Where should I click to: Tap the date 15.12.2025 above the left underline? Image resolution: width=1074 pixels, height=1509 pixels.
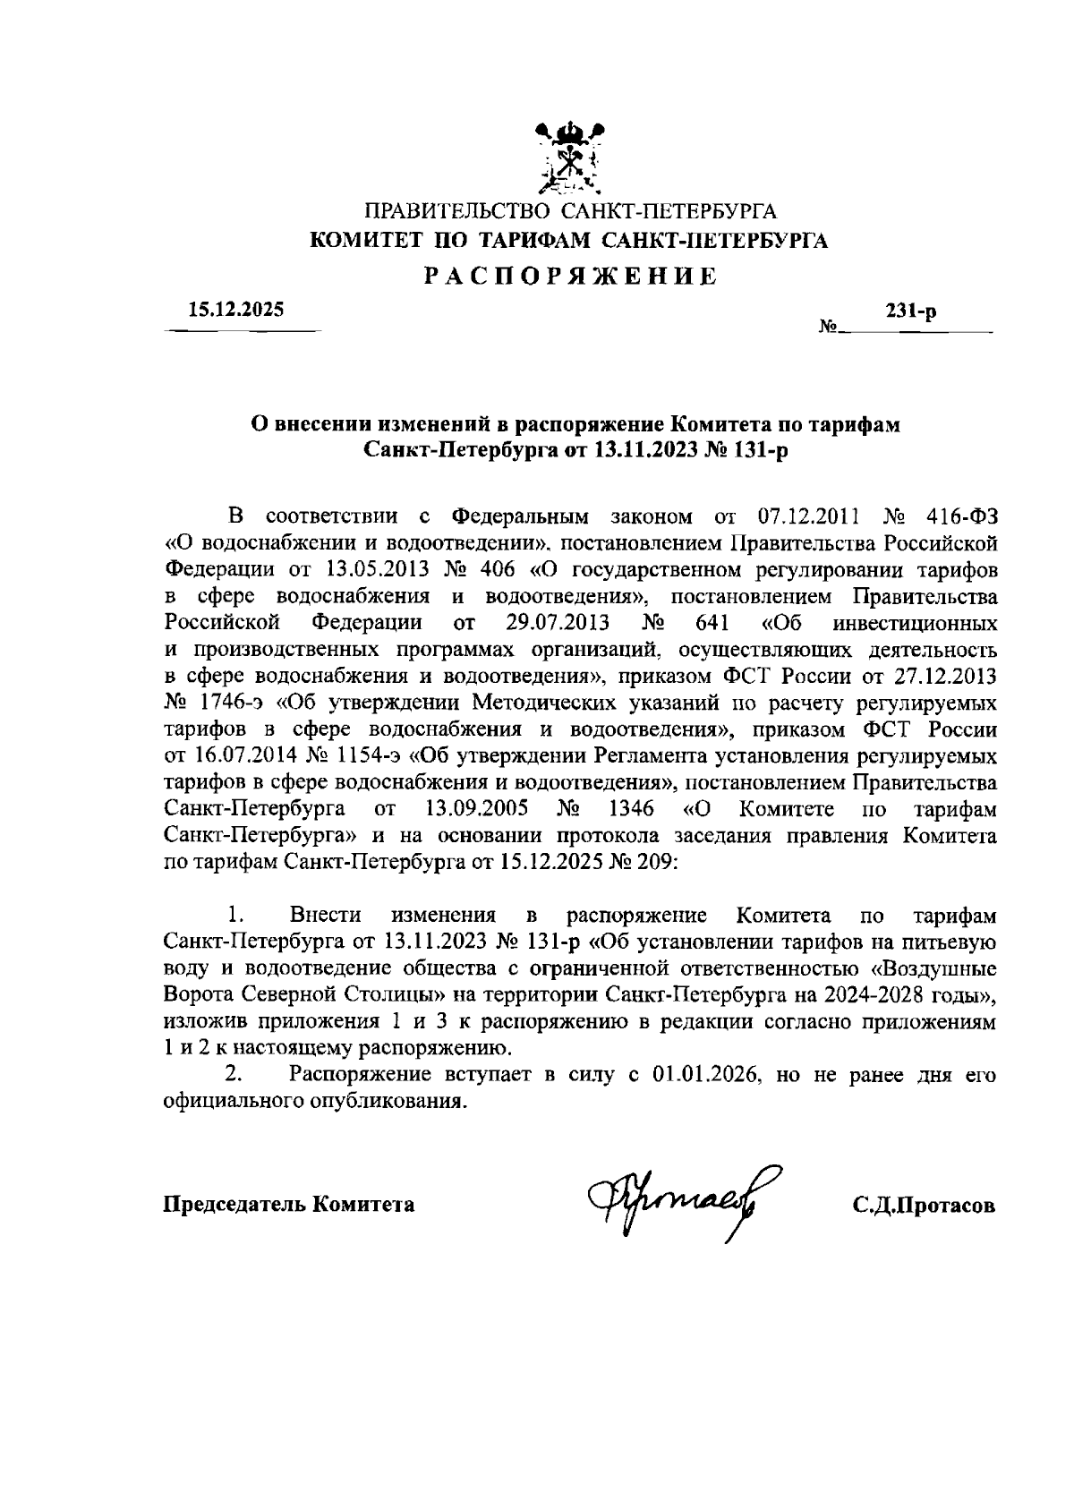235,311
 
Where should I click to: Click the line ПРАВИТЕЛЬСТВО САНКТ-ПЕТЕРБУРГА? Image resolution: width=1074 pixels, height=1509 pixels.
570,213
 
